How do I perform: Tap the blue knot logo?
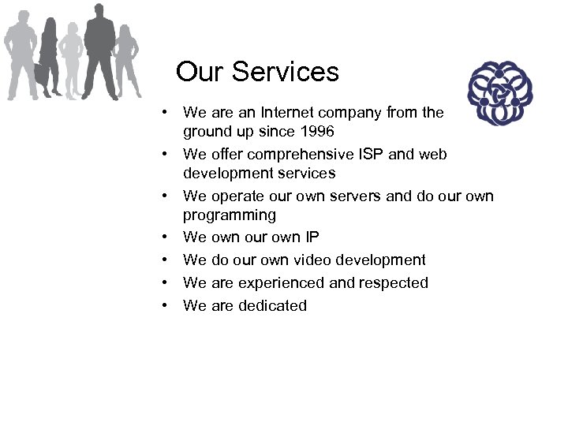496,94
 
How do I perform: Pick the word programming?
229,215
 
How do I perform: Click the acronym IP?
312,237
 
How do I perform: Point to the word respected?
394,282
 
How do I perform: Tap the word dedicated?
270,305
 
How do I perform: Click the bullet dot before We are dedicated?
169,305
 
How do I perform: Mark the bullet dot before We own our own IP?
169,237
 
